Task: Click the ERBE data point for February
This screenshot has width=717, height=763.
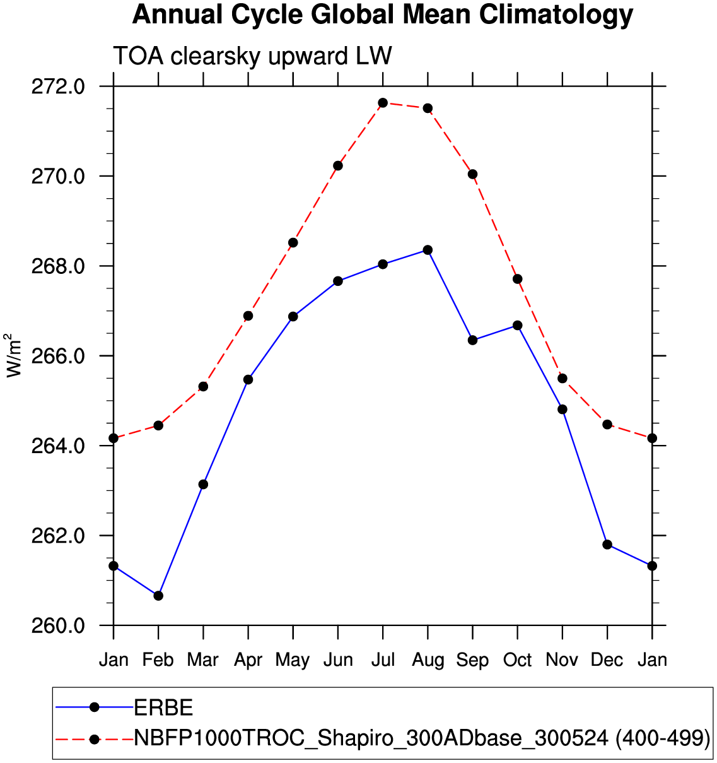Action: tap(158, 595)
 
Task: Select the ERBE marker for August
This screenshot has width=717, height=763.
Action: tap(428, 250)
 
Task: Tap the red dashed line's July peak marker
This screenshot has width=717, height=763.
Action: tap(383, 103)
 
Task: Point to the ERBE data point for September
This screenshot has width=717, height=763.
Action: tap(472, 340)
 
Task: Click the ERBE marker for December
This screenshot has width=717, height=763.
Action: tap(607, 545)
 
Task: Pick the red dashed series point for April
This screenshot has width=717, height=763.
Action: tap(248, 316)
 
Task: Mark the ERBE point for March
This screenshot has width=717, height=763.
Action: tap(203, 484)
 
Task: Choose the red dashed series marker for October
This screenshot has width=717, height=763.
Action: tap(517, 279)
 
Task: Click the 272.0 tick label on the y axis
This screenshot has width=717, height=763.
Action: tap(58, 86)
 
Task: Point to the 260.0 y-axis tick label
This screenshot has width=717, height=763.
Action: tap(58, 626)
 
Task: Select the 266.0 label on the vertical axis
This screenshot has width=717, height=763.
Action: tap(58, 357)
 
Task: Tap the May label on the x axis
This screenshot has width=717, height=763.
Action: tap(293, 660)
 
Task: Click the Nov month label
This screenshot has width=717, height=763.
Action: tap(562, 660)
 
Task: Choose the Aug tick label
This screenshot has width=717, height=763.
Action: tap(428, 660)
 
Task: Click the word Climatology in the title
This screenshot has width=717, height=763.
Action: tap(556, 15)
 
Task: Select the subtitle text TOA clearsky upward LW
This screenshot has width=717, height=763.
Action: tap(252, 56)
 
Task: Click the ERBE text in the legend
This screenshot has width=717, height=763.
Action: tap(163, 707)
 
